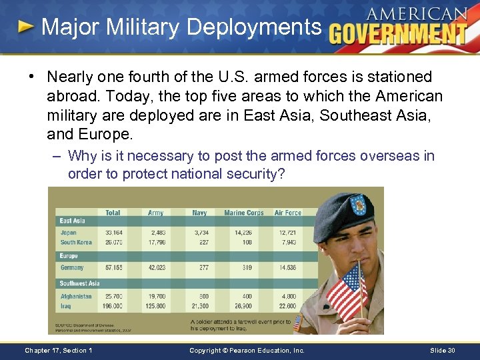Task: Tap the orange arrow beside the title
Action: pyautogui.click(x=25, y=27)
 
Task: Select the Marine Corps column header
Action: pyautogui.click(x=244, y=213)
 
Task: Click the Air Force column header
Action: pyautogui.click(x=288, y=213)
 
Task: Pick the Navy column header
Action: pyautogui.click(x=199, y=213)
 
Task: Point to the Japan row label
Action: pyautogui.click(x=69, y=232)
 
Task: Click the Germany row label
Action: pyautogui.click(x=72, y=267)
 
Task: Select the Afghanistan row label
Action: pyautogui.click(x=76, y=296)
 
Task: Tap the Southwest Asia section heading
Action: pyautogui.click(x=79, y=283)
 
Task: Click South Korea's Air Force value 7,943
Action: pyautogui.click(x=289, y=242)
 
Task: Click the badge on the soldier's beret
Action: pyautogui.click(x=358, y=203)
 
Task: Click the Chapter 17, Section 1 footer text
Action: pyautogui.click(x=58, y=350)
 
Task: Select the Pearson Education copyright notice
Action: pyautogui.click(x=247, y=350)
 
